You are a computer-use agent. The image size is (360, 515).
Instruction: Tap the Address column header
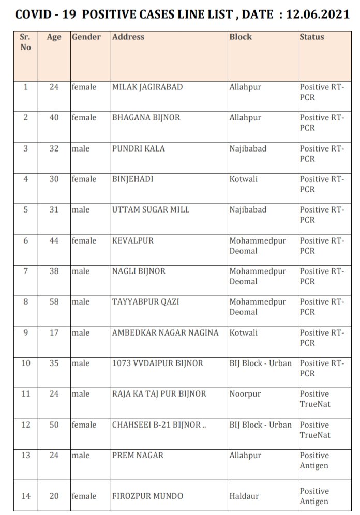(x=128, y=37)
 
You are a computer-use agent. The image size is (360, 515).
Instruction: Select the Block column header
(x=241, y=37)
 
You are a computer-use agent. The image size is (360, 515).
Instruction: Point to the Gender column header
(x=86, y=37)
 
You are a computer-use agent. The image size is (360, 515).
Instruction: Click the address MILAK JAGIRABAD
(x=147, y=87)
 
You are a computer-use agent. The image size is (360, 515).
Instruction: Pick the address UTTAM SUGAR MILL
(x=151, y=210)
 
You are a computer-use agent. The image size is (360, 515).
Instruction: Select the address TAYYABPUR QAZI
(x=145, y=302)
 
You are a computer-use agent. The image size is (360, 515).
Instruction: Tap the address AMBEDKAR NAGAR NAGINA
(x=165, y=332)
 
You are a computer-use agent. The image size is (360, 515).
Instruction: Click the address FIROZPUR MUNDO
(x=148, y=496)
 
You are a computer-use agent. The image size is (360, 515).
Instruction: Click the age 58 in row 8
(x=54, y=302)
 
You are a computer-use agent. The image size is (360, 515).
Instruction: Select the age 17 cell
(x=54, y=332)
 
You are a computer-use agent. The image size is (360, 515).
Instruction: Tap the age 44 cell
(x=54, y=240)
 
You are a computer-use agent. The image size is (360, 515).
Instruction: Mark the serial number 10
(x=26, y=363)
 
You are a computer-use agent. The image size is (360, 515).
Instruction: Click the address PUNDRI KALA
(x=139, y=149)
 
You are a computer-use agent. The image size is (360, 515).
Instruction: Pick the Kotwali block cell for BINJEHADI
(x=243, y=179)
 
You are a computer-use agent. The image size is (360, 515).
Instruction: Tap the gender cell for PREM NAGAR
(x=81, y=456)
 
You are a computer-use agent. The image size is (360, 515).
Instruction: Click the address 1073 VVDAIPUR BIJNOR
(x=157, y=363)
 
